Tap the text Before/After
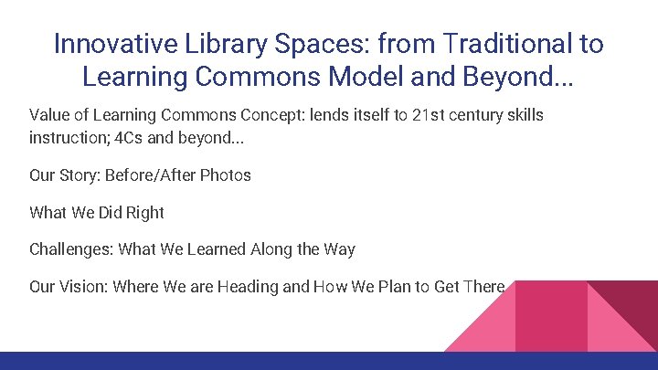pyautogui.click(x=161, y=174)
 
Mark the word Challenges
pyautogui.click(x=69, y=248)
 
